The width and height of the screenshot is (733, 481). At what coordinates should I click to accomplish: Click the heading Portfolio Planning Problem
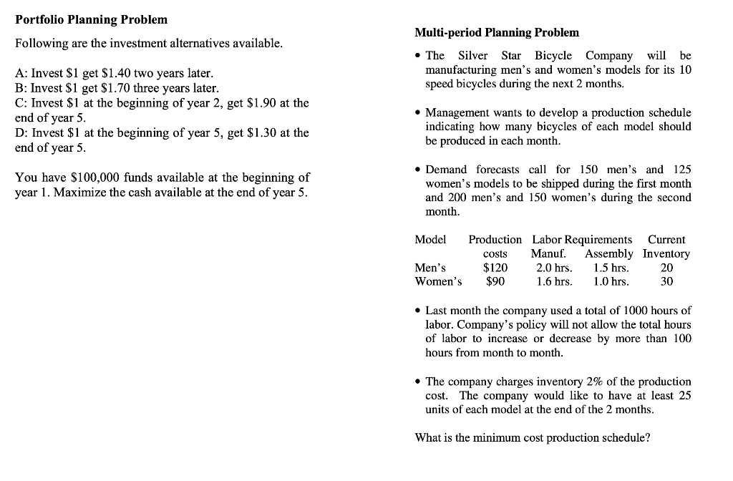91,19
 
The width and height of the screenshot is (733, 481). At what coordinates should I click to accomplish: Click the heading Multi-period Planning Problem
497,32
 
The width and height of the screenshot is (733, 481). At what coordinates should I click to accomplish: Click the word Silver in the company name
473,56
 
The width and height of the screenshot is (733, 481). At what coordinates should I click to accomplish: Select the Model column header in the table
430,239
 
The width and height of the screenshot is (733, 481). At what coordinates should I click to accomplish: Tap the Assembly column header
608,253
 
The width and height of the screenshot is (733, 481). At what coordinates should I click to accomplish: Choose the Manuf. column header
548,253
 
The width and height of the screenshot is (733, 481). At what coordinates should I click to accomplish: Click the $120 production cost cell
495,268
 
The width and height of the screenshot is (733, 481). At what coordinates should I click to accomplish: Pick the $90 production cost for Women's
495,281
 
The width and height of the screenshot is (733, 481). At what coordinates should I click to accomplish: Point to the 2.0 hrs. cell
553,268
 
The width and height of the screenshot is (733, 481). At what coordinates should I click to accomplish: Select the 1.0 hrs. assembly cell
611,281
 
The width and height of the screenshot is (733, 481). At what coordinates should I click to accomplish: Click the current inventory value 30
666,281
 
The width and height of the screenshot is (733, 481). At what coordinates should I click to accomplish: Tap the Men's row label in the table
430,268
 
